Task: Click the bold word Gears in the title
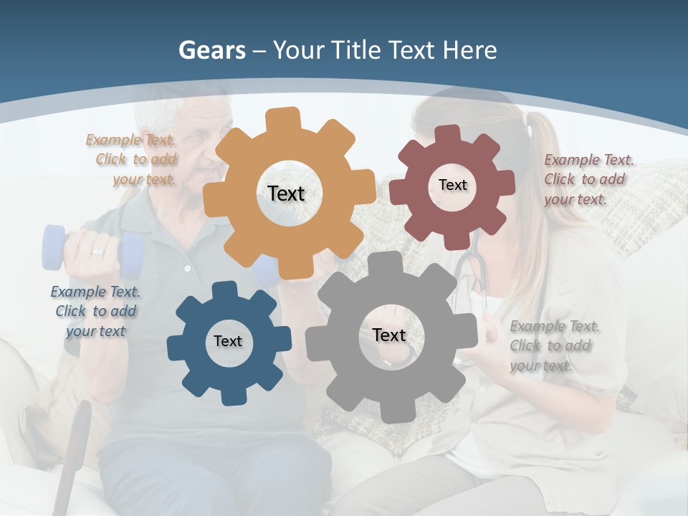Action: pyautogui.click(x=212, y=50)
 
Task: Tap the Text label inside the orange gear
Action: pyautogui.click(x=286, y=193)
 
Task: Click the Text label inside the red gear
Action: pyautogui.click(x=452, y=185)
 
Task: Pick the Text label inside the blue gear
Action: pyautogui.click(x=228, y=341)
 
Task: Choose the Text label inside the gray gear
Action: pyautogui.click(x=389, y=335)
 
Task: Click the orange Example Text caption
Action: pyautogui.click(x=131, y=160)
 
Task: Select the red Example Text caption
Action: pyautogui.click(x=588, y=179)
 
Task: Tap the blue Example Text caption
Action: pyautogui.click(x=95, y=311)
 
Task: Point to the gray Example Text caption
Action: pyautogui.click(x=555, y=345)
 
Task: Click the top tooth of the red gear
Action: pyautogui.click(x=448, y=134)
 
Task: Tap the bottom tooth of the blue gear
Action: pyautogui.click(x=231, y=396)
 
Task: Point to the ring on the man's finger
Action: pyautogui.click(x=97, y=252)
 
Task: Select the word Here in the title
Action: pyautogui.click(x=470, y=50)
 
